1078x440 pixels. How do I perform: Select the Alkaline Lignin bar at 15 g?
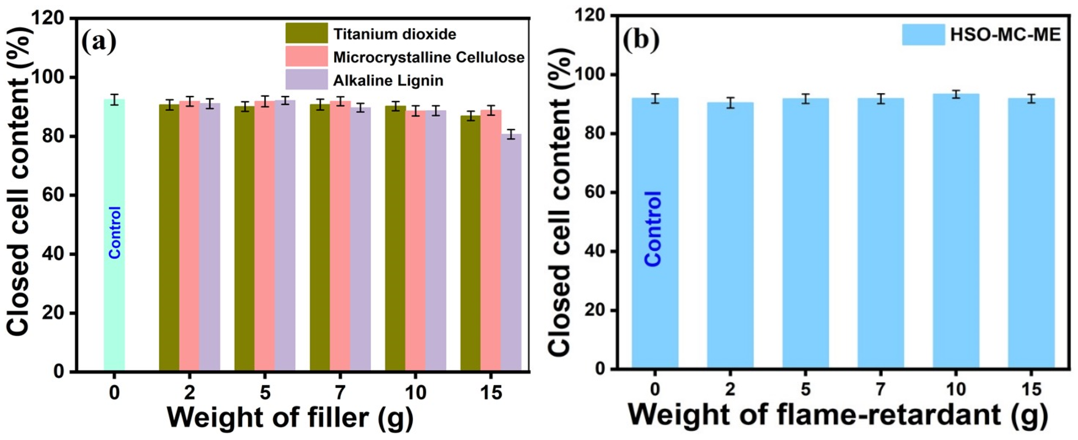coord(511,251)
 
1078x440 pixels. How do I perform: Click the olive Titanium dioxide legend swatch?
coord(306,33)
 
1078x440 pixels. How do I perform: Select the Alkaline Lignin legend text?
coord(388,80)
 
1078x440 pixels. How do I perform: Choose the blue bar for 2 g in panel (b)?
coord(730,234)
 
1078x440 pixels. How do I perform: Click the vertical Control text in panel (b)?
coord(653,228)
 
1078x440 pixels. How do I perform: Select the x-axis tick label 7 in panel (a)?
coord(340,393)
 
